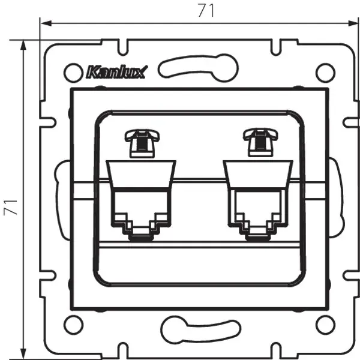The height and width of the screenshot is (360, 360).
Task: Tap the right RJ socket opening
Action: [x=256, y=210]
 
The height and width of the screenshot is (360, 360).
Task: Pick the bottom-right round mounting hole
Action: [x=324, y=325]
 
